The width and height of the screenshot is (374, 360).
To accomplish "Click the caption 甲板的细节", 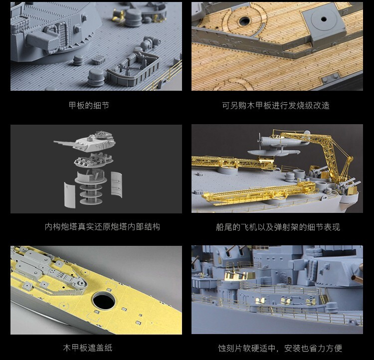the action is pyautogui.click(x=89, y=105).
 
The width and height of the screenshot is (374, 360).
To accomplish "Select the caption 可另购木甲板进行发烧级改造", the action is pyautogui.click(x=276, y=105).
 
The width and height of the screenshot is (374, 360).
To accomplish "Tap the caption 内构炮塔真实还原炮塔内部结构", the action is pyautogui.click(x=102, y=227).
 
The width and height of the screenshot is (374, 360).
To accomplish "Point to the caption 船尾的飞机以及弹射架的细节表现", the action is pyautogui.click(x=278, y=227).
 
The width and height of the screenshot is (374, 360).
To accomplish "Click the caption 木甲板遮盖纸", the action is pyautogui.click(x=88, y=348).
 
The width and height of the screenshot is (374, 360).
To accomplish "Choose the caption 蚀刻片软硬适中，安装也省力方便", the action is pyautogui.click(x=280, y=349).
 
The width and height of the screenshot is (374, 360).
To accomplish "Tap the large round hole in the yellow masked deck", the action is pyautogui.click(x=104, y=300).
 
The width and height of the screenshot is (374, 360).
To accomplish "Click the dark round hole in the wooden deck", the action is pyautogui.click(x=244, y=21).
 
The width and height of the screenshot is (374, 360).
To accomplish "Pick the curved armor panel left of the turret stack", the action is pyautogui.click(x=70, y=195).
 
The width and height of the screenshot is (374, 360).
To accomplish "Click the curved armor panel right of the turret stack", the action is pyautogui.click(x=117, y=184).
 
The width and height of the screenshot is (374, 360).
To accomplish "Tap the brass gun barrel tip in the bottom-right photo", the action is pyautogui.click(x=358, y=277).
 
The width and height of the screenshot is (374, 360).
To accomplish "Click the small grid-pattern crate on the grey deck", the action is pyautogui.click(x=98, y=59).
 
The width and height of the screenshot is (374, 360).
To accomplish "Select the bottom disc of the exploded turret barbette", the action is pyautogui.click(x=91, y=201).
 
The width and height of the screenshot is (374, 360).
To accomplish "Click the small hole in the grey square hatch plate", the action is pyautogui.click(x=324, y=19).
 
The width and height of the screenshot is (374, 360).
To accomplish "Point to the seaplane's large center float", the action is pyautogui.click(x=274, y=152).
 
